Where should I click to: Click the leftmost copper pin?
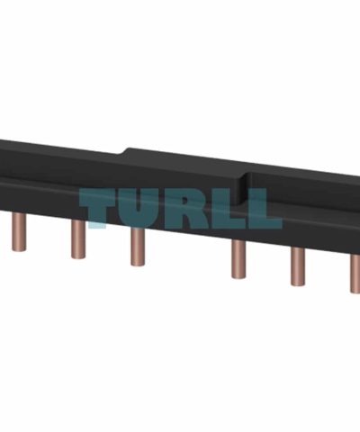click(19, 232)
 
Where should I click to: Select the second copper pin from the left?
click(78, 239)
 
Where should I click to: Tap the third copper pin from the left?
click(138, 247)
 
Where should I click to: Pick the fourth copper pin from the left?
click(238, 259)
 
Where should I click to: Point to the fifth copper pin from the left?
click(298, 266)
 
